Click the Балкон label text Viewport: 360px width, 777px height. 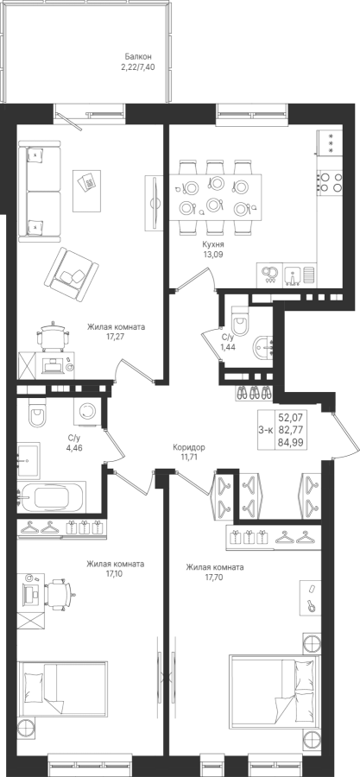click(x=138, y=57)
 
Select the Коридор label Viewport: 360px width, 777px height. click(x=189, y=447)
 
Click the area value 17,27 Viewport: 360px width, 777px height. click(x=116, y=336)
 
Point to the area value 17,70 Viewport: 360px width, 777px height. click(x=215, y=576)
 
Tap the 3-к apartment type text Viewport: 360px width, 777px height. click(x=265, y=430)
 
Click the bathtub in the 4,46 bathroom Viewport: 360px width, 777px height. click(x=52, y=497)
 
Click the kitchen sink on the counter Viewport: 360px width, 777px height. click(x=300, y=275)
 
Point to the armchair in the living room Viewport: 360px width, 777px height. click(x=71, y=274)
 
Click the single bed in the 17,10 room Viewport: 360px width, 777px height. click(x=62, y=691)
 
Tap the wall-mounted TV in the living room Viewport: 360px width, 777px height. click(x=154, y=203)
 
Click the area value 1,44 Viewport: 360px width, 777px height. click(x=228, y=346)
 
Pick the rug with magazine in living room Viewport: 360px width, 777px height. click(x=86, y=191)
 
